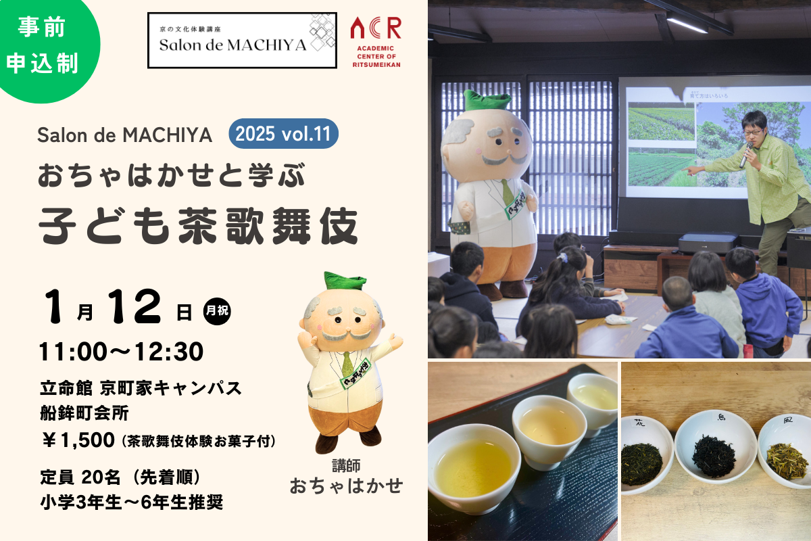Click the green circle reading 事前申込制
coord(43,45)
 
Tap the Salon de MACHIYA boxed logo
coord(242,40)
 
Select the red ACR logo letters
coord(376,28)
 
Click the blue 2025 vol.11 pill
coord(283,133)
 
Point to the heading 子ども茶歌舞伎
coord(199,226)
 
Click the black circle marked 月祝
coord(217,311)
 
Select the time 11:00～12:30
coord(121,352)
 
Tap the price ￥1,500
coord(78,440)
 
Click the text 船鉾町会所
coord(84,413)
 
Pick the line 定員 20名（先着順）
coord(120,477)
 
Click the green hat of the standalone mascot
coord(345,281)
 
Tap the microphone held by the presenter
coord(746,155)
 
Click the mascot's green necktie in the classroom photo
coord(507,191)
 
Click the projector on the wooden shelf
coord(703,243)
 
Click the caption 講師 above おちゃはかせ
coord(346,466)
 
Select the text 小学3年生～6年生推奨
coord(132,502)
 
